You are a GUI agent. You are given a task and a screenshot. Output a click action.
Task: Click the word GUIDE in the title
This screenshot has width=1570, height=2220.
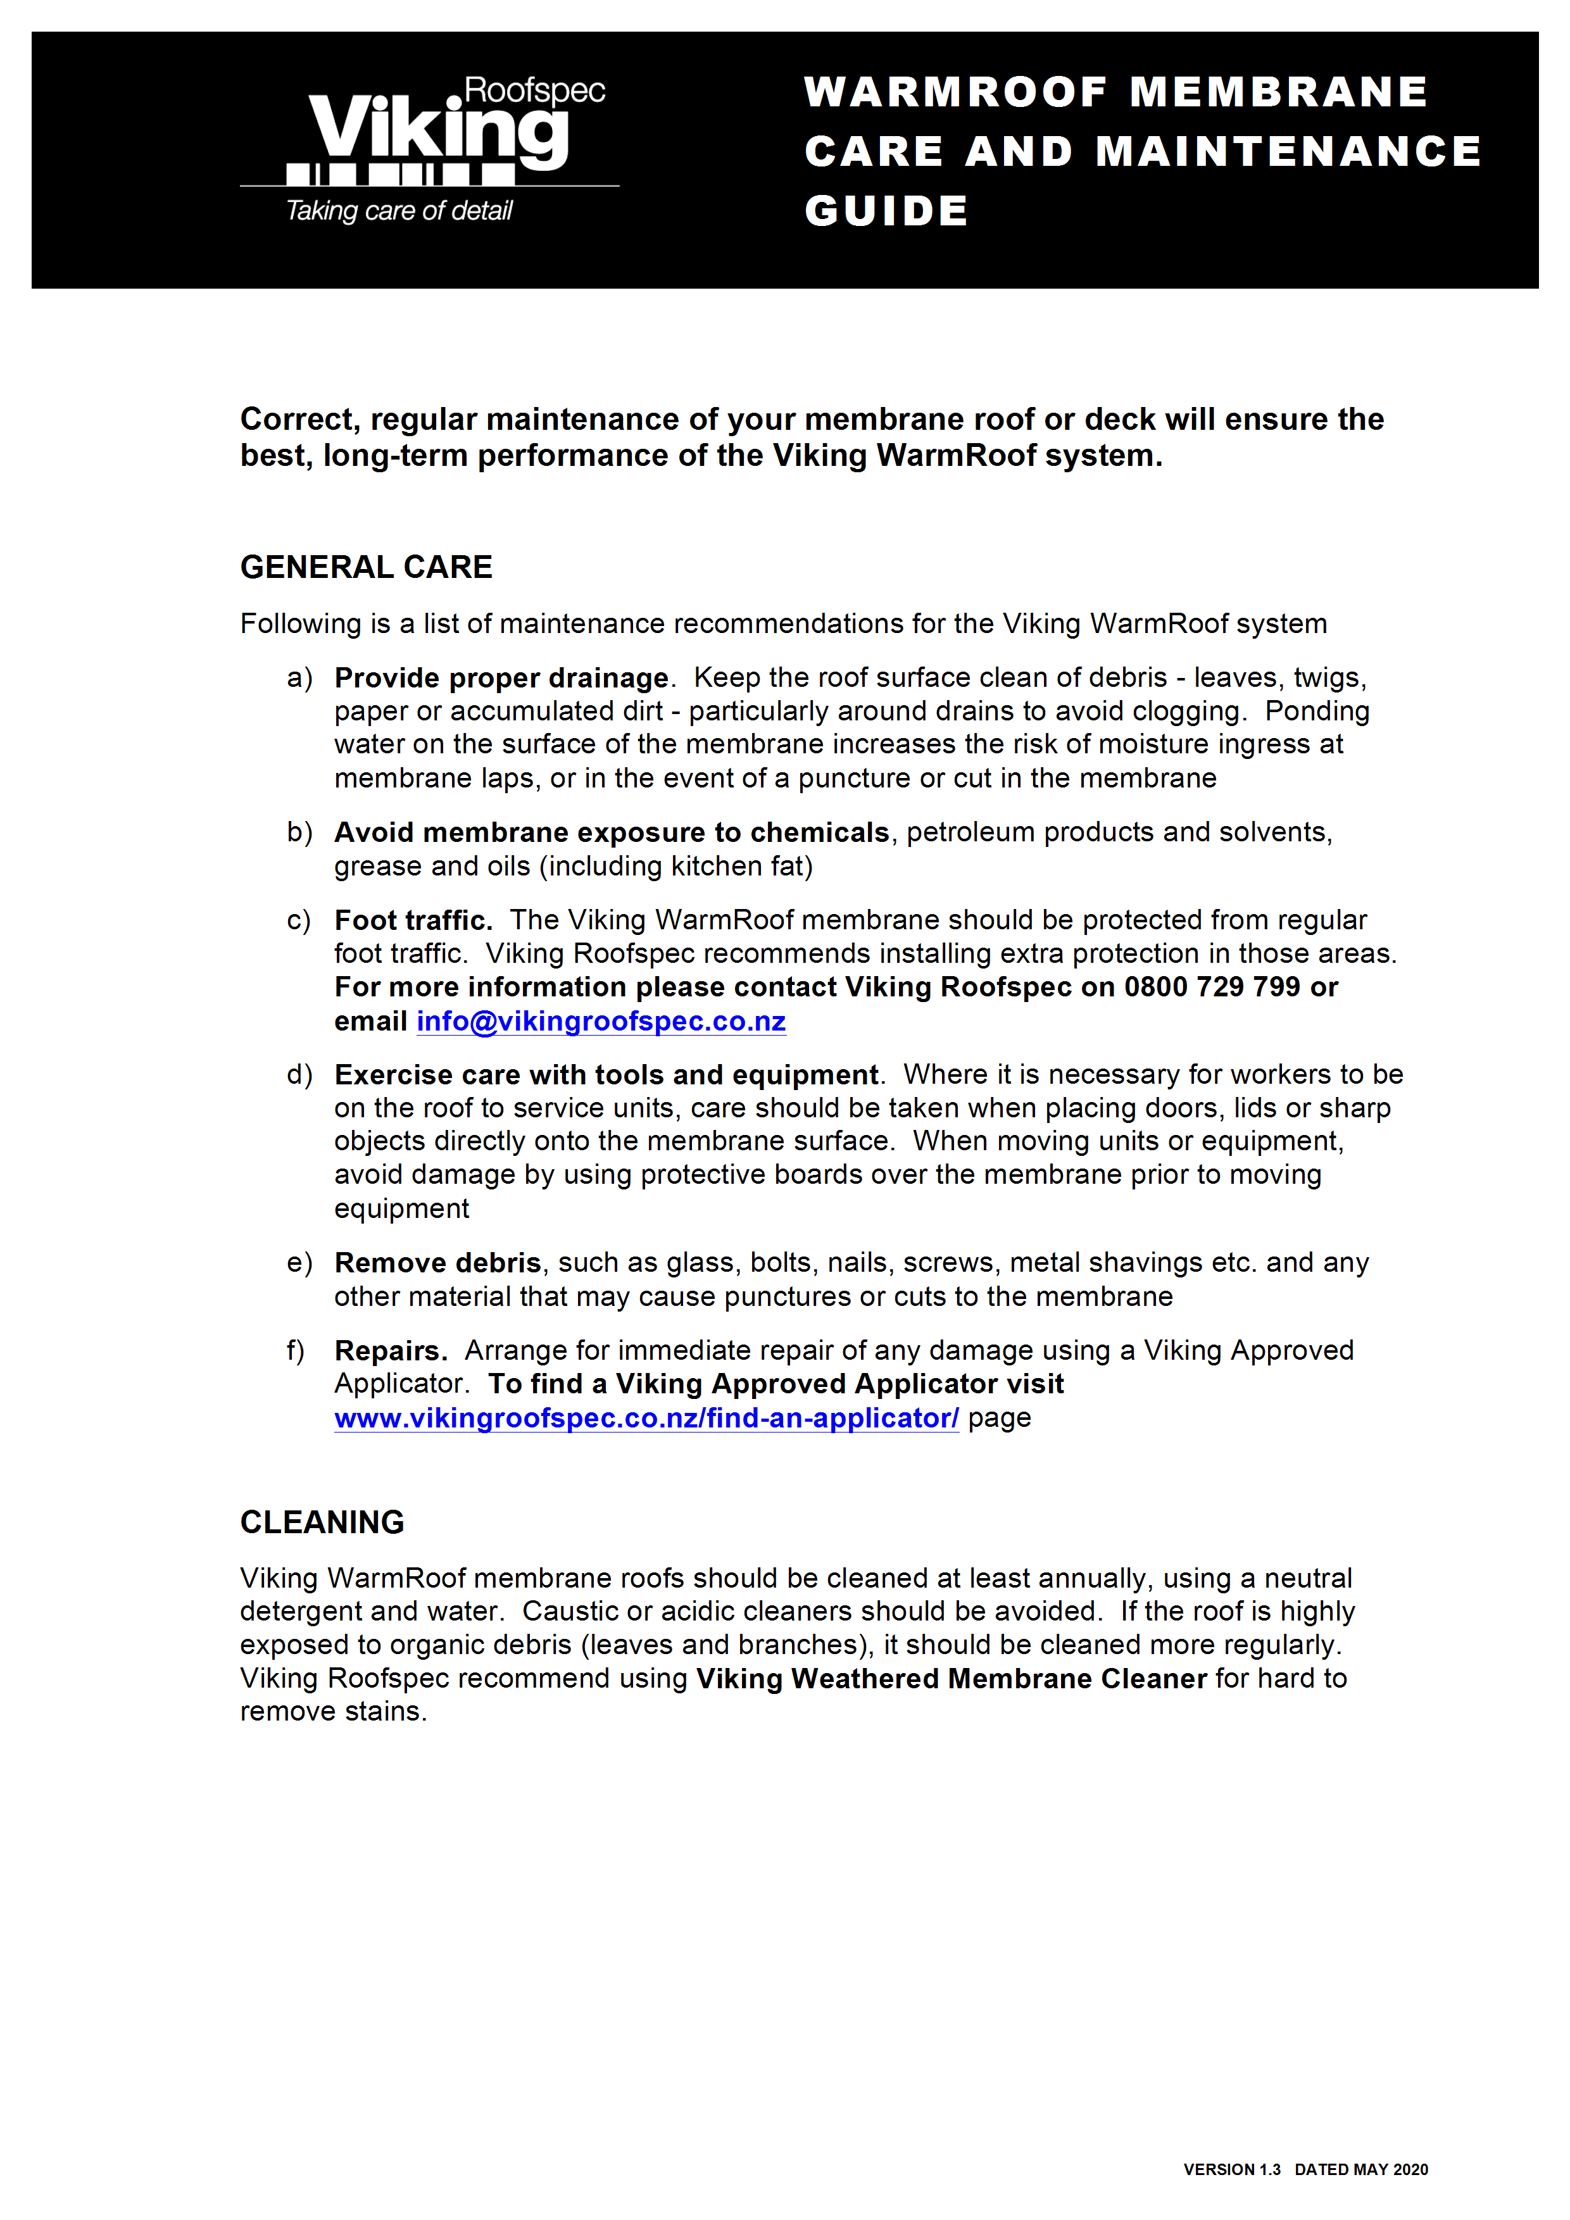click(x=886, y=211)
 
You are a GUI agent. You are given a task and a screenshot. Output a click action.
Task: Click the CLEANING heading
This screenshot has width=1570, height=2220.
click(x=322, y=1522)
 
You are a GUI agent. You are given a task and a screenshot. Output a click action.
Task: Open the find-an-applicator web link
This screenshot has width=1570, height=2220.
click(x=646, y=1419)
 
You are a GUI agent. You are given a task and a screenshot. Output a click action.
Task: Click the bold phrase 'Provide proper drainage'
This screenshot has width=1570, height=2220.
click(x=501, y=678)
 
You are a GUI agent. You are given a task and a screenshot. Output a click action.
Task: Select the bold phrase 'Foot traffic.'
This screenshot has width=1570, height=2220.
click(x=413, y=920)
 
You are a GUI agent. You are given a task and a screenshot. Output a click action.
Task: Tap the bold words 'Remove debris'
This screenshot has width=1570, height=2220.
click(x=437, y=1263)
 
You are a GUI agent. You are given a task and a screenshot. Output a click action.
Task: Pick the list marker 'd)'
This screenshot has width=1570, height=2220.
click(x=299, y=1074)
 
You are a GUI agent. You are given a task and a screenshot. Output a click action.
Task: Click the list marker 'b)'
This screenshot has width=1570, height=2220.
click(x=299, y=832)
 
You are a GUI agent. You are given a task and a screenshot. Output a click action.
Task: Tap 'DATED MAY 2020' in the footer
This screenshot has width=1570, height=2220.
click(x=1360, y=2169)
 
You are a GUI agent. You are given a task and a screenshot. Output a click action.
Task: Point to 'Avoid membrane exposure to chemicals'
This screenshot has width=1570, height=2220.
click(x=611, y=832)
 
